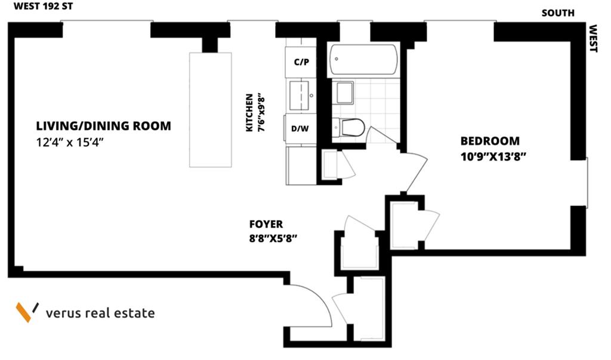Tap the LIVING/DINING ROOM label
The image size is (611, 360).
pyautogui.click(x=103, y=127)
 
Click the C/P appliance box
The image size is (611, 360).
pyautogui.click(x=301, y=63)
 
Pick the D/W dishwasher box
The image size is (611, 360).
pyautogui.click(x=300, y=128)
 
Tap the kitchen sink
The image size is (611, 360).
pyautogui.click(x=300, y=94)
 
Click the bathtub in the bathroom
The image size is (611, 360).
pyautogui.click(x=363, y=60)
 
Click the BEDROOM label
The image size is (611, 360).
pyautogui.click(x=490, y=141)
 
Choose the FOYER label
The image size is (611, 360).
pyautogui.click(x=266, y=225)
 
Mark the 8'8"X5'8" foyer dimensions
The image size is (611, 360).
pyautogui.click(x=273, y=238)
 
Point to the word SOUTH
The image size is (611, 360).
pyautogui.click(x=558, y=13)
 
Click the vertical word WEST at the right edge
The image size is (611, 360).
pyautogui.click(x=593, y=38)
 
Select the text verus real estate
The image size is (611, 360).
pyautogui.click(x=100, y=313)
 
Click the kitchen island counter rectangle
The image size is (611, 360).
pyautogui.click(x=210, y=109)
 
